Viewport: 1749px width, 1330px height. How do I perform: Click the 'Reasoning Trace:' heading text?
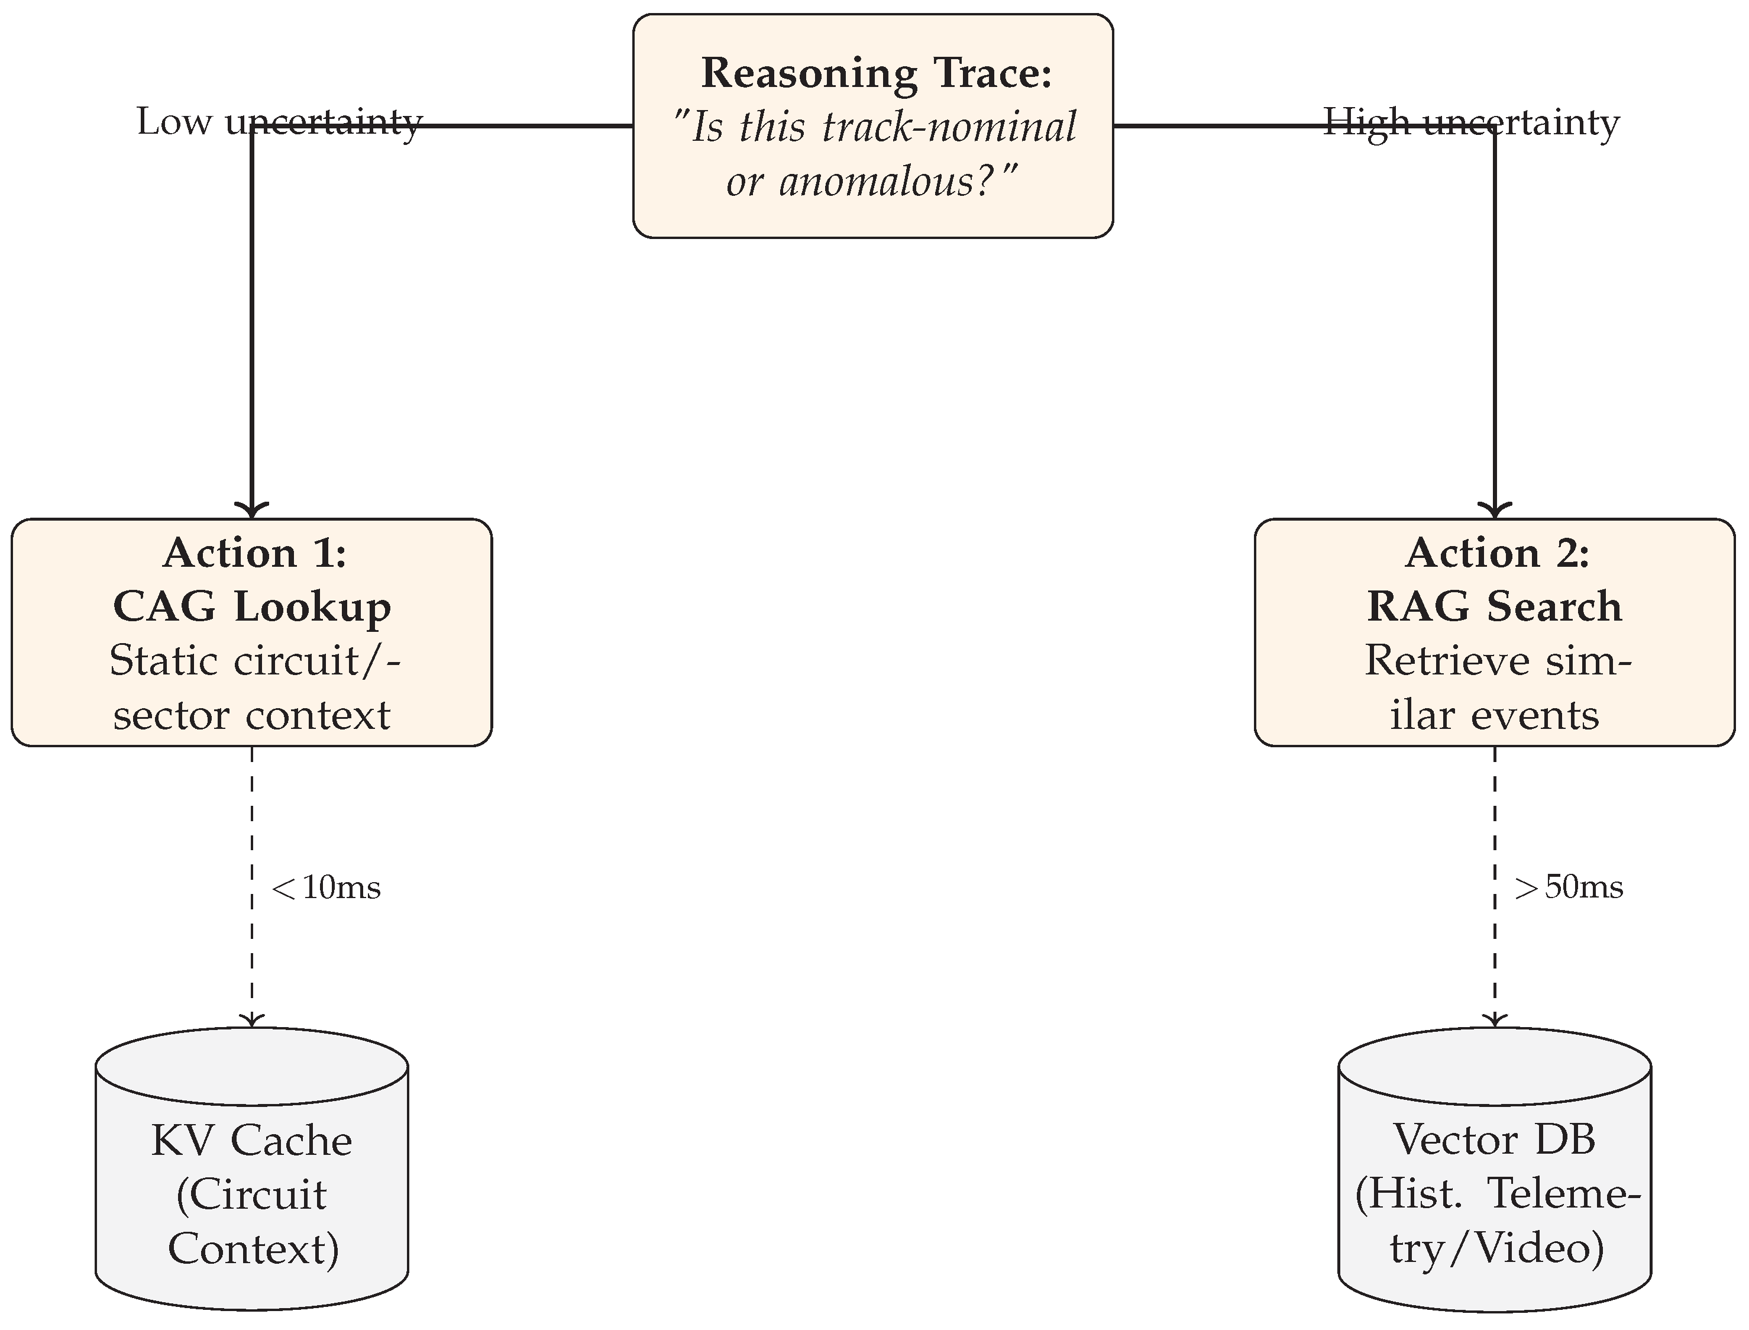pyautogui.click(x=876, y=73)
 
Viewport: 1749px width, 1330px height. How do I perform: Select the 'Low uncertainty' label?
pyautogui.click(x=279, y=122)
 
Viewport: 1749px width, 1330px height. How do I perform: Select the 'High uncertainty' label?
pyautogui.click(x=1471, y=122)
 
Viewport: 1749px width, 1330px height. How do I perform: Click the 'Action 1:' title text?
pyautogui.click(x=254, y=553)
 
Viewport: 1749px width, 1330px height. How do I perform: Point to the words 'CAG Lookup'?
pyautogui.click(x=251, y=606)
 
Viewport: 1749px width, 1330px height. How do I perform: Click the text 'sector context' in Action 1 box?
pyautogui.click(x=251, y=715)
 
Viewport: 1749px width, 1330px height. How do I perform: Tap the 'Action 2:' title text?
pyautogui.click(x=1496, y=553)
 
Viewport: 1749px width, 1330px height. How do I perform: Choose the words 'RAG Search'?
pyautogui.click(x=1494, y=606)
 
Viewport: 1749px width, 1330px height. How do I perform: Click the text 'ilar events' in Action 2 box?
pyautogui.click(x=1494, y=715)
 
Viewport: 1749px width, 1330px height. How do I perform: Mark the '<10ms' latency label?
pyautogui.click(x=326, y=887)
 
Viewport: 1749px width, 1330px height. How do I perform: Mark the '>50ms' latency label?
pyautogui.click(x=1569, y=887)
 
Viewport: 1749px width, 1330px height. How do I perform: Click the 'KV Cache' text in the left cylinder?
pyautogui.click(x=251, y=1141)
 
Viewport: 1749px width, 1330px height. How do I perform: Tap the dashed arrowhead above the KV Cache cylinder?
pyautogui.click(x=251, y=1019)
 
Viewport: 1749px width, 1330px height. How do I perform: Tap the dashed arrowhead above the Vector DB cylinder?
pyautogui.click(x=1494, y=1019)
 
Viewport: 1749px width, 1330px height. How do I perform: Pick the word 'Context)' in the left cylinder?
pyautogui.click(x=253, y=1248)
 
